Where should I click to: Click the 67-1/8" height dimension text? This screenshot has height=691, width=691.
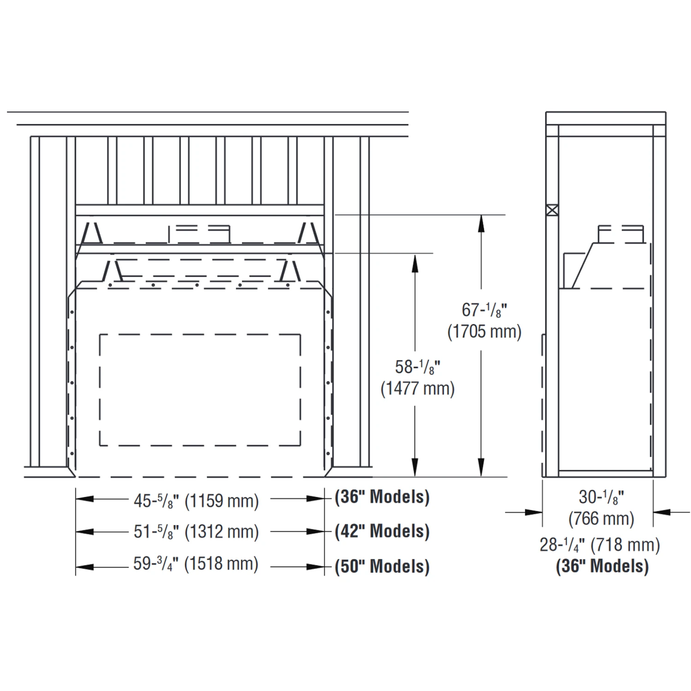point(484,310)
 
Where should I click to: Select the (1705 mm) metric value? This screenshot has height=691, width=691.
point(484,332)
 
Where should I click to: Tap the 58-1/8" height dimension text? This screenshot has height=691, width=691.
point(417,367)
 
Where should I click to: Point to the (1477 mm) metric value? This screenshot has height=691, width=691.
point(417,389)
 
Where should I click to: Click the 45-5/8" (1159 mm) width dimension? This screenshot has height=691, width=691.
point(196,501)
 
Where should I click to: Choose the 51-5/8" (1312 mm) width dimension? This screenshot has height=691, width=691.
point(196,532)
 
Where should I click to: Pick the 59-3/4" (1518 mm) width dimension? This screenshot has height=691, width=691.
point(196,564)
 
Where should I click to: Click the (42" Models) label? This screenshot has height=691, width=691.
point(382,532)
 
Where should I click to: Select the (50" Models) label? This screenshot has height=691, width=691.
point(382,567)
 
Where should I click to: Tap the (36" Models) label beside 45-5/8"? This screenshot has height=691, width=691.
point(382,497)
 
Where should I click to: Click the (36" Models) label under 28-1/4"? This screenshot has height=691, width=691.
point(602,566)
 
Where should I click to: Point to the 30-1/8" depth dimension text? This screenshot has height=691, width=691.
point(601,498)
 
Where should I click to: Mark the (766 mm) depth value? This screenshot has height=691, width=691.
point(601,519)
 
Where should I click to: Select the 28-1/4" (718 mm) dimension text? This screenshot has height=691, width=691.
point(600,545)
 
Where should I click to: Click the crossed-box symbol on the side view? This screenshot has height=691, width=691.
point(552,210)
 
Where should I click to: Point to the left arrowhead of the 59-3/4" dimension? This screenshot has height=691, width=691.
point(84,567)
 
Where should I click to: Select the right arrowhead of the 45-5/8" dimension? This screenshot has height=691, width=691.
point(316,498)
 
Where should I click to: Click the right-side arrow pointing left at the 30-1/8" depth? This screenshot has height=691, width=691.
point(662,511)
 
